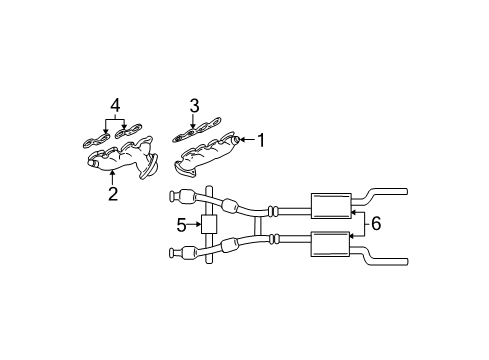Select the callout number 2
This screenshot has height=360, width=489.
click(x=112, y=194)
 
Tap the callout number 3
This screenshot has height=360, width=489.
click(x=194, y=104)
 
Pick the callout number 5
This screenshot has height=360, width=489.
click(x=181, y=226)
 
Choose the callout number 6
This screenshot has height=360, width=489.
click(x=375, y=224)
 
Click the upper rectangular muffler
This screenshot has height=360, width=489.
click(x=330, y=205)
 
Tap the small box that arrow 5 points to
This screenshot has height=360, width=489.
click(x=209, y=225)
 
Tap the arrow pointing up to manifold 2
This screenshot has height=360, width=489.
click(x=112, y=176)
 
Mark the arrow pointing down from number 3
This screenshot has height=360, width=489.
click(x=194, y=120)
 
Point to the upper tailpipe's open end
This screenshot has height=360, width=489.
click(x=405, y=190)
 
